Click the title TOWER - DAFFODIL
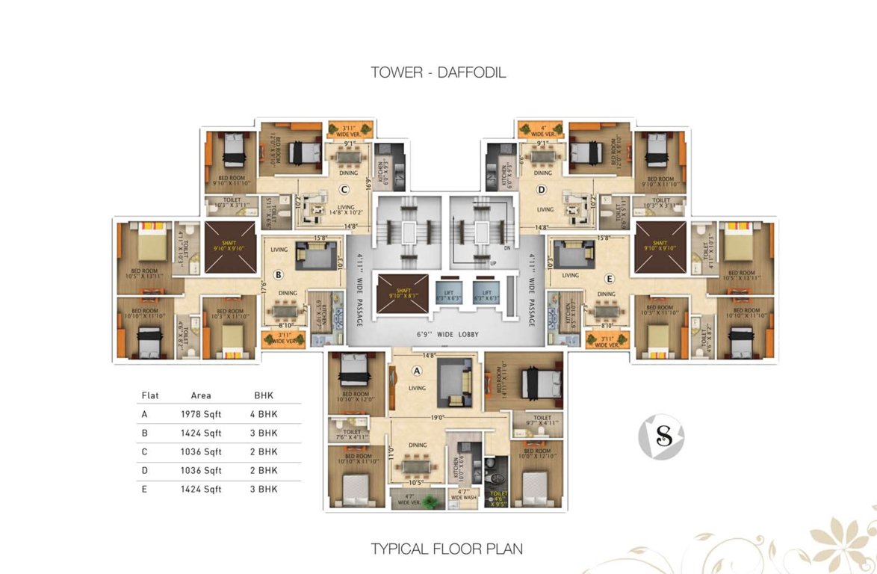click(x=438, y=72)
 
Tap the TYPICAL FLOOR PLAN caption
click(x=447, y=549)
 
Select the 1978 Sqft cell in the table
click(x=201, y=413)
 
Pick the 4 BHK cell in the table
click(x=264, y=413)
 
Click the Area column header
click(x=201, y=395)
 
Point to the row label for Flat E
click(x=144, y=489)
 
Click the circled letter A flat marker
click(x=417, y=371)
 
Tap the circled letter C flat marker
click(x=344, y=189)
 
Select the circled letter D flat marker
click(x=542, y=189)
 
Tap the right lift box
click(x=486, y=290)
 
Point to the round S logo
click(x=661, y=437)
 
